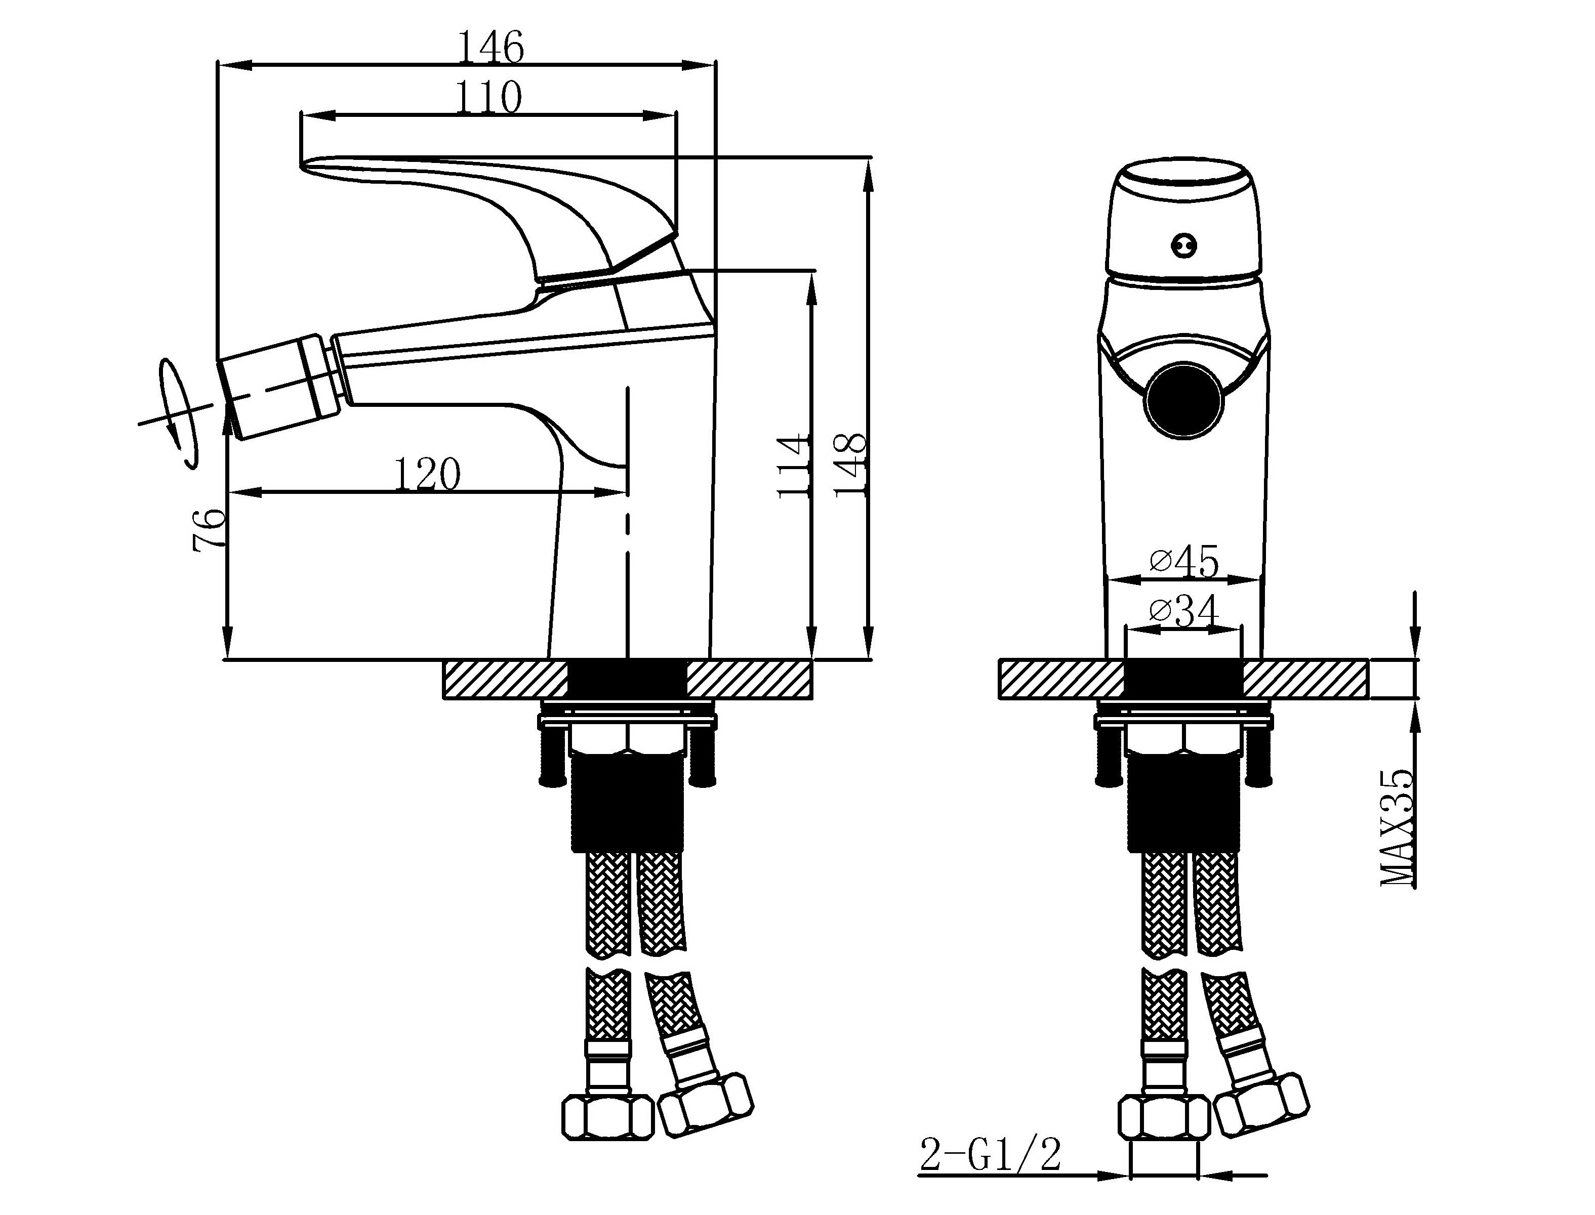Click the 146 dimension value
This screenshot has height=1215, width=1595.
pyautogui.click(x=491, y=47)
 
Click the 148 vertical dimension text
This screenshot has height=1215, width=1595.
pyautogui.click(x=849, y=465)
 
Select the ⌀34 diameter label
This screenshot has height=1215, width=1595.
pyautogui.click(x=1184, y=611)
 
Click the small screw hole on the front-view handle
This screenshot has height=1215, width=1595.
pyautogui.click(x=1183, y=246)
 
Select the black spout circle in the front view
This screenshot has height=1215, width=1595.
pyautogui.click(x=1184, y=402)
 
